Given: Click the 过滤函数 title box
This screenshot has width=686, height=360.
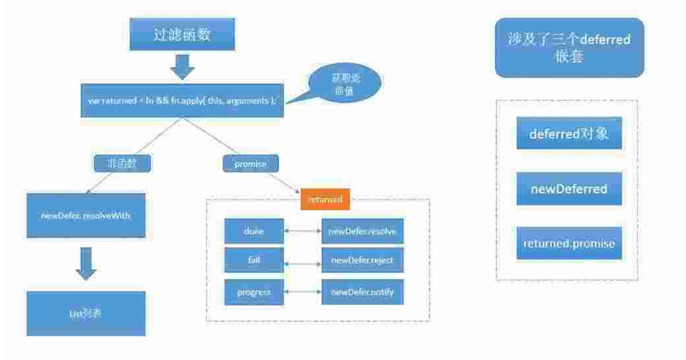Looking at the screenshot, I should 182,34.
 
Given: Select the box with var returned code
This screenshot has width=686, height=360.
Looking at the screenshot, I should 182,101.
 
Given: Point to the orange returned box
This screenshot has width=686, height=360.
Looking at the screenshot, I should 325,199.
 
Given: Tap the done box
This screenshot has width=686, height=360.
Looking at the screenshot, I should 253,231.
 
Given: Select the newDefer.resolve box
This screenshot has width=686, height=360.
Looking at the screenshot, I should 362,231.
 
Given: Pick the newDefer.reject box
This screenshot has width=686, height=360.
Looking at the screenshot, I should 362,261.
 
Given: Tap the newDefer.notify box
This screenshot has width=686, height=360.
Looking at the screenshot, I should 362,293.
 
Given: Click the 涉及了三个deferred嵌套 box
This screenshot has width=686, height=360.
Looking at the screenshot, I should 569,48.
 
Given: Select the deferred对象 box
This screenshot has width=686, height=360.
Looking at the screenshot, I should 569,134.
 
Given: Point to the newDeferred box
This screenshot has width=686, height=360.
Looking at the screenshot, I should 569,189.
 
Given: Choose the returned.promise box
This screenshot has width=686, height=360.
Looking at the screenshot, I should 569,243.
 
